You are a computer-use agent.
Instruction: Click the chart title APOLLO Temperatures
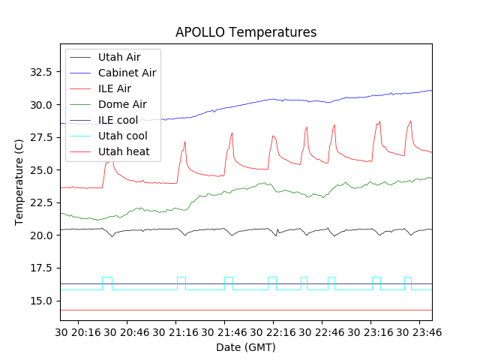click(246, 32)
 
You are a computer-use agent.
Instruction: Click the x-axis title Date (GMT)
click(246, 347)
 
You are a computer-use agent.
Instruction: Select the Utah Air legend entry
click(119, 56)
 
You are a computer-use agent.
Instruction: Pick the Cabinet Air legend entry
click(127, 73)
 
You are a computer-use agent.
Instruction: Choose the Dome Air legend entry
click(122, 104)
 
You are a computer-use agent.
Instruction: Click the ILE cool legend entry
click(117, 120)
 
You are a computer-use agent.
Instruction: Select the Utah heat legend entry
click(124, 151)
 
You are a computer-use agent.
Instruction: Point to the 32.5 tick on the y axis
click(40, 72)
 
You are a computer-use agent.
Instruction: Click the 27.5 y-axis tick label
click(40, 137)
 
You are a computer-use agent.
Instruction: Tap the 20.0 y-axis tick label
click(40, 235)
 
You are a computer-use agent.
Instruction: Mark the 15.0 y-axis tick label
click(40, 301)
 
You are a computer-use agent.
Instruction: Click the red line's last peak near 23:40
click(410, 121)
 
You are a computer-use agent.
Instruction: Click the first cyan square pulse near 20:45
click(107, 277)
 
